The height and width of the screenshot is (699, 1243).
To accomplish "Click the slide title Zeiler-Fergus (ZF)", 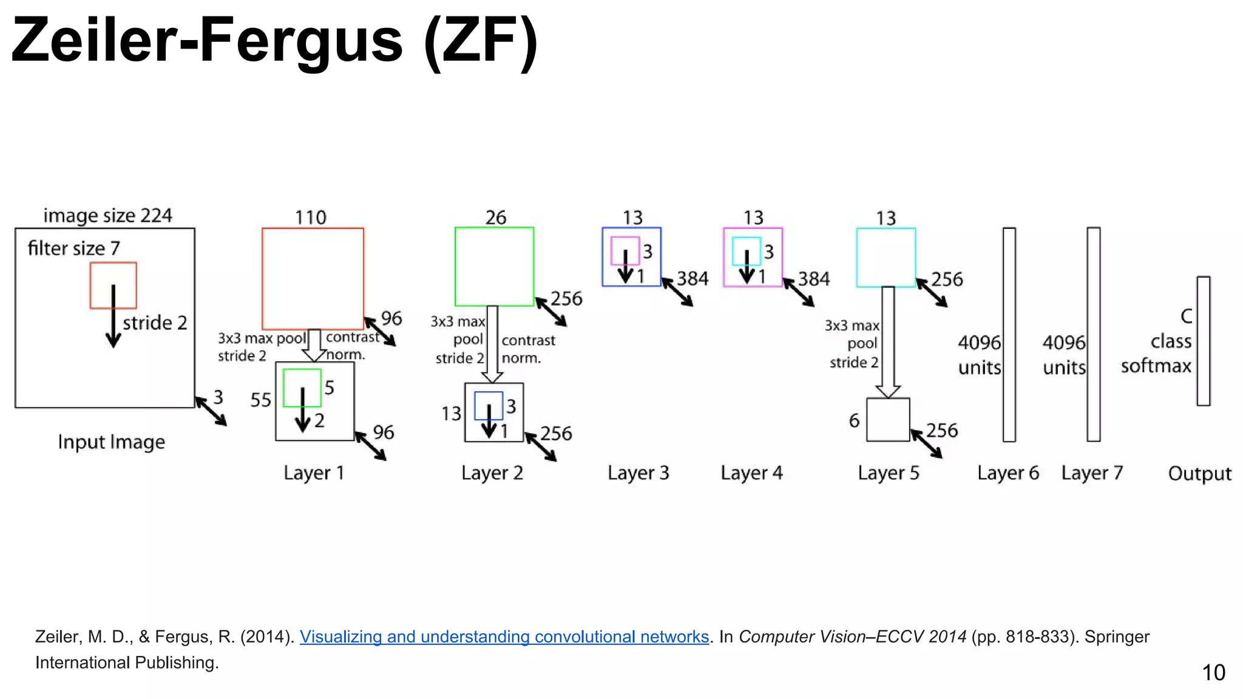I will pyautogui.click(x=274, y=41).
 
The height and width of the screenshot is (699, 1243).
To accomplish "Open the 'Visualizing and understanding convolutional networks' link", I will pyautogui.click(x=504, y=637).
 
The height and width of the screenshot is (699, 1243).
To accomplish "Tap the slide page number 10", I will pyautogui.click(x=1213, y=672).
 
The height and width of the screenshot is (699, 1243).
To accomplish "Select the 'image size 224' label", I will pyautogui.click(x=107, y=215).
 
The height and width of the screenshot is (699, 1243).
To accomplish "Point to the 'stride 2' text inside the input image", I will pyautogui.click(x=155, y=322).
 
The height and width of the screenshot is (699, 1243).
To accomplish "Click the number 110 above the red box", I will pyautogui.click(x=310, y=217).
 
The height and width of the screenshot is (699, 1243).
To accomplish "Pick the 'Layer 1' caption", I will pyautogui.click(x=314, y=473).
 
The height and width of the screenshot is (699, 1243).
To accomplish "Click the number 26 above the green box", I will pyautogui.click(x=495, y=217).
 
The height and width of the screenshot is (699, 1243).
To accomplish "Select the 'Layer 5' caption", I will pyautogui.click(x=888, y=473).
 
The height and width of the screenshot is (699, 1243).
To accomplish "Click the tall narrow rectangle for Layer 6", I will pyautogui.click(x=1009, y=334).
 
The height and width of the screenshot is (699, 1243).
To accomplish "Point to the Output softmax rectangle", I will pyautogui.click(x=1203, y=340).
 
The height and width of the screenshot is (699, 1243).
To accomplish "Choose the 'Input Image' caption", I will pyautogui.click(x=111, y=442).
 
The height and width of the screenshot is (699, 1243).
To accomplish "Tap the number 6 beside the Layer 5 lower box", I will pyautogui.click(x=854, y=420).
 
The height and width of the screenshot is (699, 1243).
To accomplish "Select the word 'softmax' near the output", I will pyautogui.click(x=1156, y=366).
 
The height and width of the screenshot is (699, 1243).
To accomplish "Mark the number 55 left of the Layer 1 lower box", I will pyautogui.click(x=260, y=400).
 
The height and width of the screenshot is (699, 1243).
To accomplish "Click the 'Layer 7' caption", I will pyautogui.click(x=1092, y=473).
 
